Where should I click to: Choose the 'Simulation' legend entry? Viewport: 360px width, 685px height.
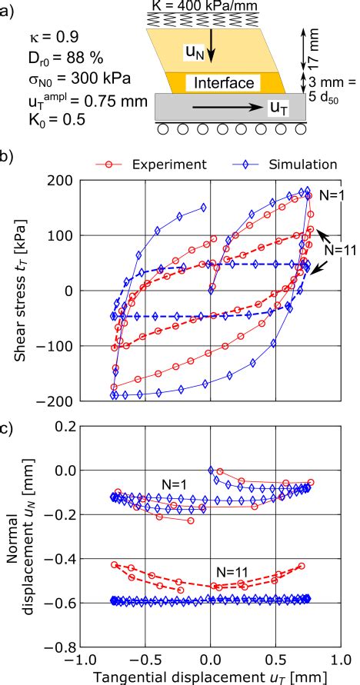pos(304,164)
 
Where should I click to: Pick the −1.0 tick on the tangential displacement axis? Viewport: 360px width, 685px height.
pos(78,660)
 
